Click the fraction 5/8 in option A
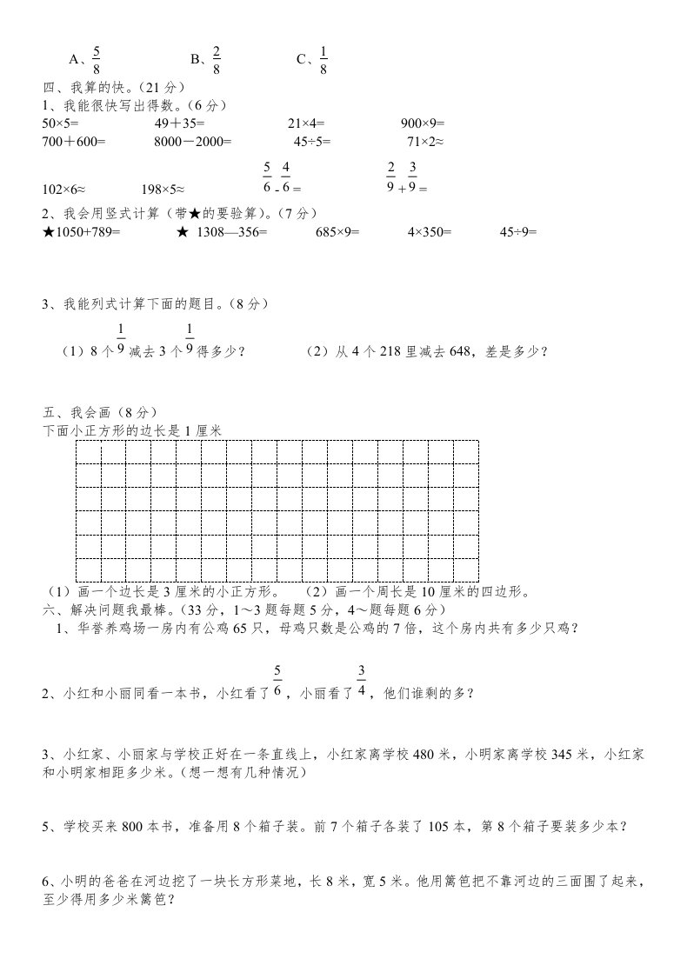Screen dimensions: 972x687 pyautogui.click(x=97, y=58)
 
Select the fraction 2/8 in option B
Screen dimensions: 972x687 pyautogui.click(x=217, y=58)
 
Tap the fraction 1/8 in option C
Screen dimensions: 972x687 pyautogui.click(x=323, y=58)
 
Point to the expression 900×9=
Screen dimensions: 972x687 pyautogui.click(x=424, y=123)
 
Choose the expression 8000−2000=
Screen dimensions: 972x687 pyautogui.click(x=193, y=141)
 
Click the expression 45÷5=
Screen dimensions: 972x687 pyautogui.click(x=312, y=141)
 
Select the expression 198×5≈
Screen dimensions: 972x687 pyautogui.click(x=163, y=188)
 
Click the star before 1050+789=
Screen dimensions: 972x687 pyautogui.click(x=49, y=232)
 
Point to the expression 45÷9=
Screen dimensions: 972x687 pyautogui.click(x=518, y=232)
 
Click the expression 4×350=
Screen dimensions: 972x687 pyautogui.click(x=430, y=232)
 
